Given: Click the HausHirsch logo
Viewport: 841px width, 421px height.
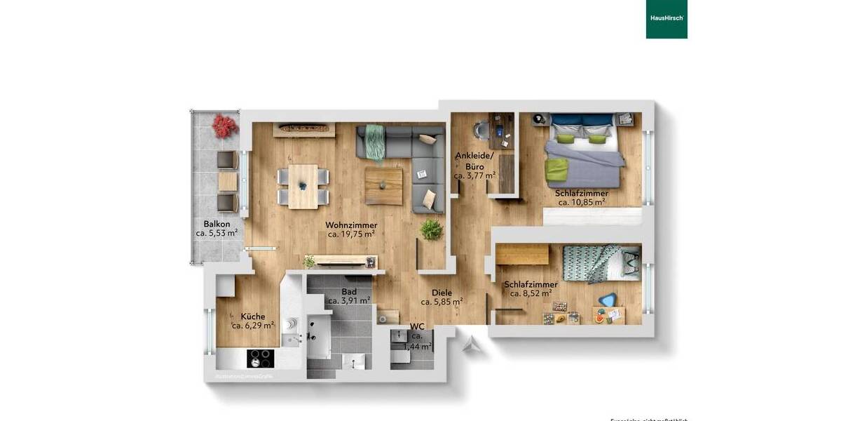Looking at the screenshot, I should (x=666, y=19).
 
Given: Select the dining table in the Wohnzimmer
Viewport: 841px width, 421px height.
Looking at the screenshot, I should (x=303, y=185).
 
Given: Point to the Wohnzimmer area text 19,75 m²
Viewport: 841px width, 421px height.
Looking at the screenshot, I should (x=351, y=234).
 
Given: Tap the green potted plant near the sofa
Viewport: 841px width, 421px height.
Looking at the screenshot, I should (x=431, y=229).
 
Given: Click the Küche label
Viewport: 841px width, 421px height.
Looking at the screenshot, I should (x=252, y=316).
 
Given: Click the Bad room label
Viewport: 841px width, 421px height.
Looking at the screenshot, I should (x=349, y=291).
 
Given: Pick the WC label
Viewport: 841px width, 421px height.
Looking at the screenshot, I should (x=417, y=327).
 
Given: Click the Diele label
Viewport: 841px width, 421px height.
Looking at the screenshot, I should (x=442, y=293).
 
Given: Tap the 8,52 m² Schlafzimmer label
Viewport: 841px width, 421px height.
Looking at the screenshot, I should (x=531, y=284).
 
